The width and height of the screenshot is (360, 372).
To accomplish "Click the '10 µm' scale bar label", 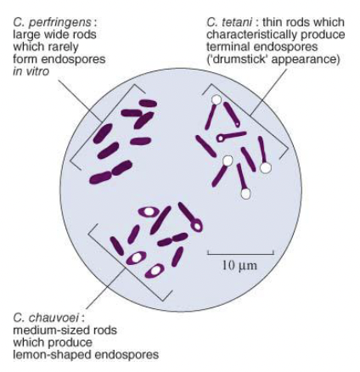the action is (239, 266).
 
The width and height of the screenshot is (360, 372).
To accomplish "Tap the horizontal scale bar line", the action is (241, 253).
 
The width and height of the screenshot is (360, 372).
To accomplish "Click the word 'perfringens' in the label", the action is (59, 23).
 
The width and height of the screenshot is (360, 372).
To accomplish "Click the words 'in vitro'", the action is (31, 71).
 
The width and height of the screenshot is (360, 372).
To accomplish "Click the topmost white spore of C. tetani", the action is (217, 99).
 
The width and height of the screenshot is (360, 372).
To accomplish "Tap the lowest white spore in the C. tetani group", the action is (246, 194).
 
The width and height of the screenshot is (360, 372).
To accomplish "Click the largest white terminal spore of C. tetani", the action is (266, 167).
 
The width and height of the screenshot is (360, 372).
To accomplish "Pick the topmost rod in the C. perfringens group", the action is (148, 103).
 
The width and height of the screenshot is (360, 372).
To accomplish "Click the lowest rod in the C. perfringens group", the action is (100, 178).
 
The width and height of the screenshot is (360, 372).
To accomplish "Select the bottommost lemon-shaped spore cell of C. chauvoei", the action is (155, 270).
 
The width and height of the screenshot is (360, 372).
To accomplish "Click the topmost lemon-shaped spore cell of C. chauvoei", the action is (149, 211).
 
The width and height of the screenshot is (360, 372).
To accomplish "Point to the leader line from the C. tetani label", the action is (269, 91).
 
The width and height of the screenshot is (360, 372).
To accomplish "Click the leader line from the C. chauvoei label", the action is (105, 288).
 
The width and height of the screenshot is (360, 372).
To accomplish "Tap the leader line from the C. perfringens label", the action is (81, 100).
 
